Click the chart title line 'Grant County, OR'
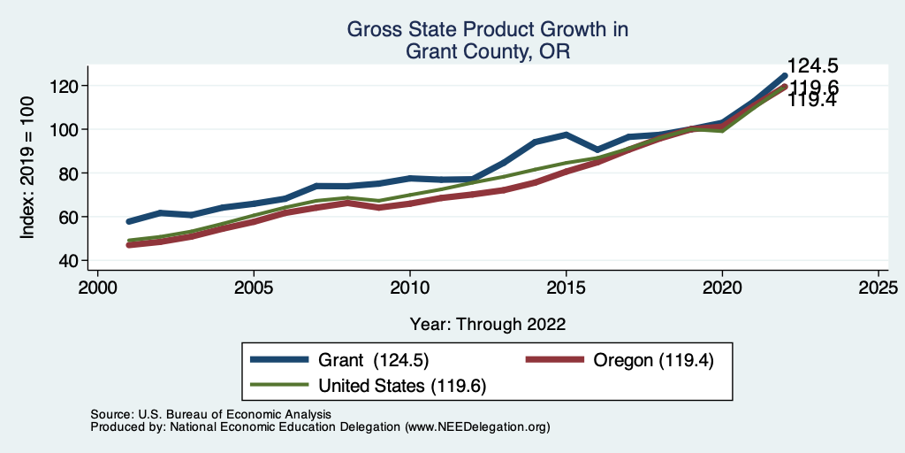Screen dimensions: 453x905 487,51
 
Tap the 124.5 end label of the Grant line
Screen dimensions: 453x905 813,66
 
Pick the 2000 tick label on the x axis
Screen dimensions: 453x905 97,288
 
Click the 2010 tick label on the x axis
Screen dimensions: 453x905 409,288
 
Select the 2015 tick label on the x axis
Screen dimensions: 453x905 566,288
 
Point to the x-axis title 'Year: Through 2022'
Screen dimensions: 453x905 488,324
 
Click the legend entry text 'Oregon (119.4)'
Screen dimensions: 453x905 653,360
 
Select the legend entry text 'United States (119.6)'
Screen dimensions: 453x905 402,386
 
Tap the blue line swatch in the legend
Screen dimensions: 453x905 280,360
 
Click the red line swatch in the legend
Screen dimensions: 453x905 555,360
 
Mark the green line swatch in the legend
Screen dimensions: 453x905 280,386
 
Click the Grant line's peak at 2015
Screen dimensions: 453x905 566,134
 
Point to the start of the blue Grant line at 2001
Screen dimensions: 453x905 129,221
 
